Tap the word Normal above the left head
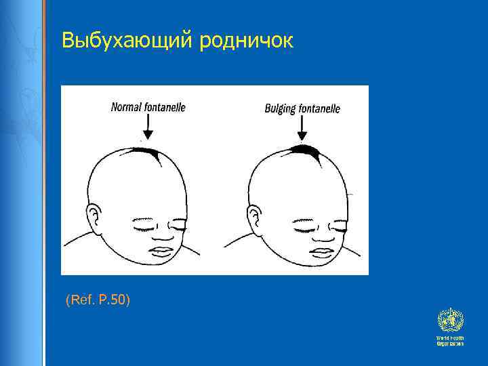(126, 107)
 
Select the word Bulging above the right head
(279, 108)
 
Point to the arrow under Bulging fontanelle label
(302, 128)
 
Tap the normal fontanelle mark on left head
(156, 155)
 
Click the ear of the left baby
(97, 220)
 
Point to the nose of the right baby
(322, 237)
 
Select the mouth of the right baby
(320, 252)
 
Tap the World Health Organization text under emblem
(450, 341)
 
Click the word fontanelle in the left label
(163, 107)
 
